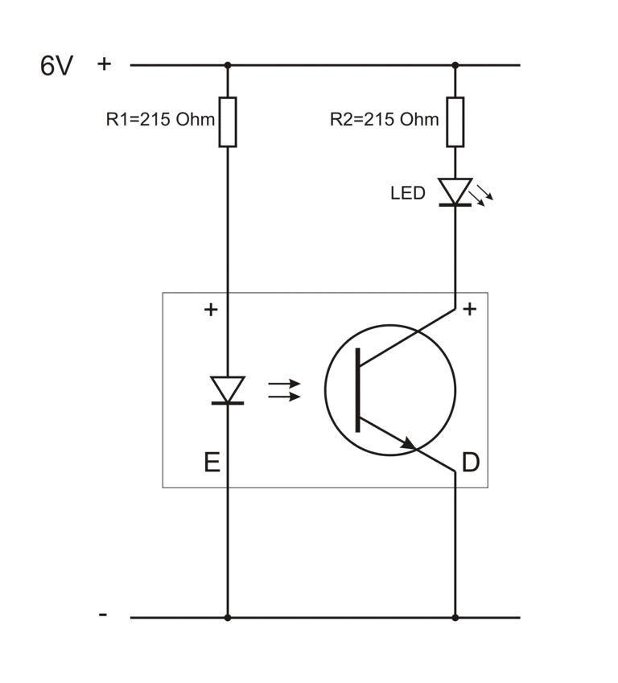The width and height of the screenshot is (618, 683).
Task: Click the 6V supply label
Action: [x=56, y=65]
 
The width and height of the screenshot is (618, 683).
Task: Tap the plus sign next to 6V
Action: [x=104, y=64]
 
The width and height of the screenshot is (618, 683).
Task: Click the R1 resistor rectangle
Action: [x=228, y=121]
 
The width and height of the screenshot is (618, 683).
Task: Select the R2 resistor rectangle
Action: [x=455, y=121]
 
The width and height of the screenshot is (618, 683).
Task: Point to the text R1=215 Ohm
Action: [x=160, y=120]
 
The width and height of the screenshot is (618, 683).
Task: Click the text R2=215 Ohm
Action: [x=385, y=120]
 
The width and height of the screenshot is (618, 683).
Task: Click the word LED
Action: [x=407, y=193]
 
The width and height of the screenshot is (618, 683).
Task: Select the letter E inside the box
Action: [x=212, y=462]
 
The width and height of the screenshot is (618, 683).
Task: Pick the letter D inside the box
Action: [x=471, y=463]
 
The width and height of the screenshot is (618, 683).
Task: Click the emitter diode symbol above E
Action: [x=228, y=390]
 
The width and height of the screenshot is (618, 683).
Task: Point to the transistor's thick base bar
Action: [x=358, y=391]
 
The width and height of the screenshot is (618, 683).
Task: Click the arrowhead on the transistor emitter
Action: [x=409, y=443]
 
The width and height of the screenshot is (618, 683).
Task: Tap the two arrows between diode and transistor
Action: [x=283, y=391]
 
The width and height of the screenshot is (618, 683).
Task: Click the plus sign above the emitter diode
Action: [x=211, y=309]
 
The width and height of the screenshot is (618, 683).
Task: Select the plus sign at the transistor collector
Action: [x=471, y=308]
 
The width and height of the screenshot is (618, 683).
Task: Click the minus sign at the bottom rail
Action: [x=103, y=615]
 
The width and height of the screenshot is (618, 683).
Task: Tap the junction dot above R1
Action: [x=228, y=65]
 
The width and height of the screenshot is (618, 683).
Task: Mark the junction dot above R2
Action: [x=455, y=65]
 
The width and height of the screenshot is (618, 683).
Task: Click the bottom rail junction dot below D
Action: [x=455, y=618]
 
